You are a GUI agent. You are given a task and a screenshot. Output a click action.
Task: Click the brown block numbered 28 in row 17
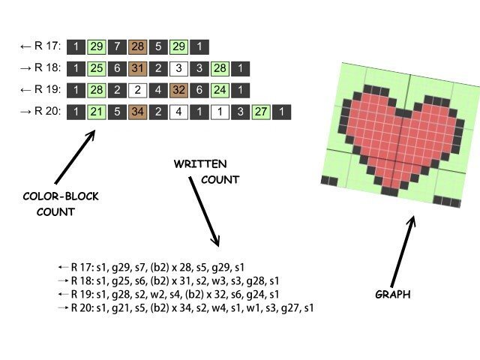pos(138,46)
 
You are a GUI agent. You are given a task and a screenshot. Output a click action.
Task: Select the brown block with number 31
pos(138,68)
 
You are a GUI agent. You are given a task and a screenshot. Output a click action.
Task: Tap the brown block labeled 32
pos(179,90)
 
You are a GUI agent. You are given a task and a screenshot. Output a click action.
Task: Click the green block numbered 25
pos(97,68)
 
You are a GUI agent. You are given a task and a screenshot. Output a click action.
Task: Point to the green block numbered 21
pos(97,112)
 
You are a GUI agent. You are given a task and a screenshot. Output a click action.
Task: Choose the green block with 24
pos(220,90)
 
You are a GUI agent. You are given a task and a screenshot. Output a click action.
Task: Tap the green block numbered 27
pos(261,112)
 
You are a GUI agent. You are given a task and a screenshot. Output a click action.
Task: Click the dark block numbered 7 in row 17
pos(118,46)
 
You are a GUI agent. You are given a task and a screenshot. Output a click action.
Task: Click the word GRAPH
pos(392,295)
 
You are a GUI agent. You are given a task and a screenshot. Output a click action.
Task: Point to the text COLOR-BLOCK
pos(61,196)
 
